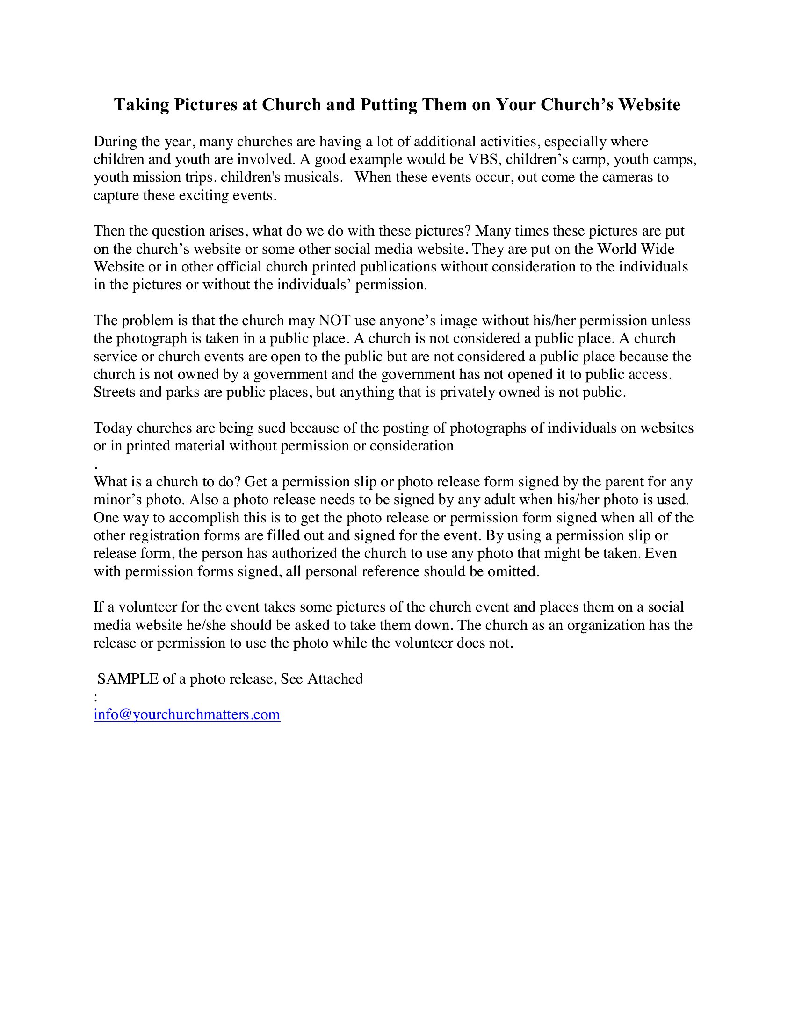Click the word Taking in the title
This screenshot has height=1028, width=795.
142,105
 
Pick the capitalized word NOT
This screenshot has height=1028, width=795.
334,321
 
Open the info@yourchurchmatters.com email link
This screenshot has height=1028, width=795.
187,714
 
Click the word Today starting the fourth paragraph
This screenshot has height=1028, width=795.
113,428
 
